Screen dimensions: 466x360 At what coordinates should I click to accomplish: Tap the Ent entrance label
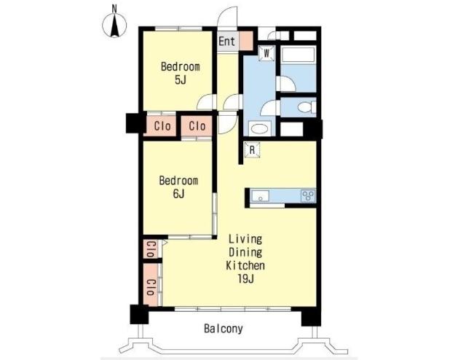click(226, 41)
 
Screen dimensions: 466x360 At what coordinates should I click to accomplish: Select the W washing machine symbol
click(266, 53)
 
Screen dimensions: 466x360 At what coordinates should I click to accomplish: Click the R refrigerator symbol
click(252, 149)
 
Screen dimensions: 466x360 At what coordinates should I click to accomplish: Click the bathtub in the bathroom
click(298, 55)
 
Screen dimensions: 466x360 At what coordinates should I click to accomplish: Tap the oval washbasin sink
click(260, 129)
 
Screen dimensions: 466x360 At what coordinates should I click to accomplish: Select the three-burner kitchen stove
click(308, 196)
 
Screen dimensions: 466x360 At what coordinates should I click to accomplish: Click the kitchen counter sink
click(261, 196)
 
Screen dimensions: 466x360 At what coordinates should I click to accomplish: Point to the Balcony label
click(224, 329)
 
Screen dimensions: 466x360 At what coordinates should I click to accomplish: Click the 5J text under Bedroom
click(181, 79)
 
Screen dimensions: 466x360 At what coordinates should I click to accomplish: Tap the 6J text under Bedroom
click(178, 194)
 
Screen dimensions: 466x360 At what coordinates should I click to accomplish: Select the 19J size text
click(245, 279)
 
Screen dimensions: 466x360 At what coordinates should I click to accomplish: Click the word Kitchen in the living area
click(245, 265)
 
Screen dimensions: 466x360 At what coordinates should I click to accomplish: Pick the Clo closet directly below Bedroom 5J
click(162, 126)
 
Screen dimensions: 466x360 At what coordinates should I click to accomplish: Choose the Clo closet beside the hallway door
click(197, 126)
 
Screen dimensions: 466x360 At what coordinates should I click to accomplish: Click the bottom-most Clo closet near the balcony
click(151, 285)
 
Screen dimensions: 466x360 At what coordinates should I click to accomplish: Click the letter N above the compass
click(114, 9)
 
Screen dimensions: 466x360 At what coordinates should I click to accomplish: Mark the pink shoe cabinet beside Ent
click(246, 41)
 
